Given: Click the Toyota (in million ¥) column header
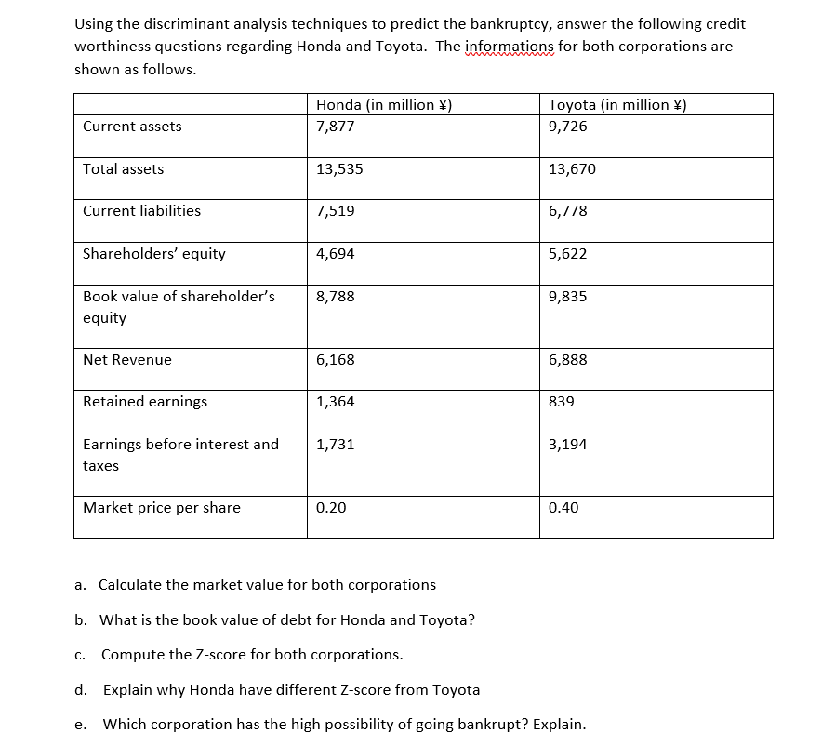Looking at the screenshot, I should [617, 105].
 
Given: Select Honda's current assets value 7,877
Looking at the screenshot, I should [336, 127].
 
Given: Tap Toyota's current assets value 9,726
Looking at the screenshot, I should [568, 127].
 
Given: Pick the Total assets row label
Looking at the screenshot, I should [123, 169].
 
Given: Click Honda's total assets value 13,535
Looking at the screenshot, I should [339, 169].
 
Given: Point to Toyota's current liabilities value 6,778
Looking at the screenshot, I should [568, 211].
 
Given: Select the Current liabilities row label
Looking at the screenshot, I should [141, 211].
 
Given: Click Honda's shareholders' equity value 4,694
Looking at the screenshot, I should [336, 254].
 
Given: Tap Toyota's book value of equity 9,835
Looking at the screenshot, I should [568, 297].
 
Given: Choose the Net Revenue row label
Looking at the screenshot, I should [127, 360].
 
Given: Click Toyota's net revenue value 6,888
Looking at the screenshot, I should [568, 360].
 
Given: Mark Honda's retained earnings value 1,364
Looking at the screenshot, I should [336, 402].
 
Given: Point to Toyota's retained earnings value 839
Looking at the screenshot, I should [562, 402].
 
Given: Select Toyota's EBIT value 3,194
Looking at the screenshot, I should [568, 445].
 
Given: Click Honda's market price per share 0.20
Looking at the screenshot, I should [330, 508].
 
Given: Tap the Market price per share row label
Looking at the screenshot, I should [162, 508].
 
